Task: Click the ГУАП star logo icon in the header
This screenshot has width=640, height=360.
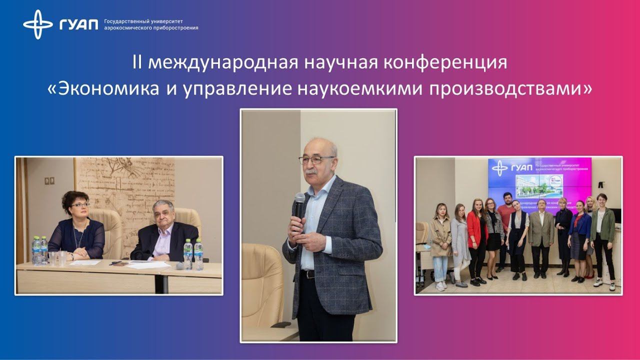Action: tap(38, 24)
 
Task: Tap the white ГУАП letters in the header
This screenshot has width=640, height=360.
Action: tap(79, 24)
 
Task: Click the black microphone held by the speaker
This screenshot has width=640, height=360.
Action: tap(299, 210)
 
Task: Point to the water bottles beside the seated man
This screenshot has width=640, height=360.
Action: tap(193, 254)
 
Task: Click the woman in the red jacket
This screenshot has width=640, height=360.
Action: tap(476, 235)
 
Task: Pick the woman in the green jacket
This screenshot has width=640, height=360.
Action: tap(601, 235)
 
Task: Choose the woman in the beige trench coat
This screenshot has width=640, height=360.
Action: tap(440, 240)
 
